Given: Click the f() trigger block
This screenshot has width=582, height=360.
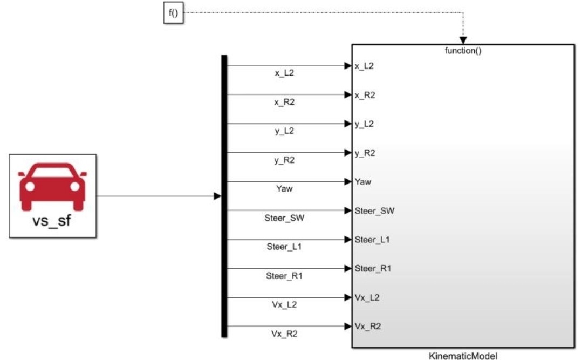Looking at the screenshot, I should click(173, 13).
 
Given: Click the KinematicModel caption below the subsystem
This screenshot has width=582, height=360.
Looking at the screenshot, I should click(462, 355).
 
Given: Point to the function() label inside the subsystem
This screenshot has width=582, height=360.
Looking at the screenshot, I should click(463, 51).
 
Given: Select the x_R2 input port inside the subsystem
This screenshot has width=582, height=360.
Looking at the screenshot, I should click(365, 95).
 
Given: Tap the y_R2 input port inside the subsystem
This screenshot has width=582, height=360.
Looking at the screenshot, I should click(365, 153).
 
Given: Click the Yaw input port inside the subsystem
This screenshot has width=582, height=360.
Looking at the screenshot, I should click(362, 182).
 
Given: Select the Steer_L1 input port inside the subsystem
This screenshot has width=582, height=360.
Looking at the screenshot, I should click(372, 240).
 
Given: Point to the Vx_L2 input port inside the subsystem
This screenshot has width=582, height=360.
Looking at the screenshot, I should click(367, 297).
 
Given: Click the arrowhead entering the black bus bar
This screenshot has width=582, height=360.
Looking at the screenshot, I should click(217, 196).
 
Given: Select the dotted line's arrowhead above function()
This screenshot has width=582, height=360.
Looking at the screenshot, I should click(463, 40).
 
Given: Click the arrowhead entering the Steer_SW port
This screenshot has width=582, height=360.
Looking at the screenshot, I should click(348, 210).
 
